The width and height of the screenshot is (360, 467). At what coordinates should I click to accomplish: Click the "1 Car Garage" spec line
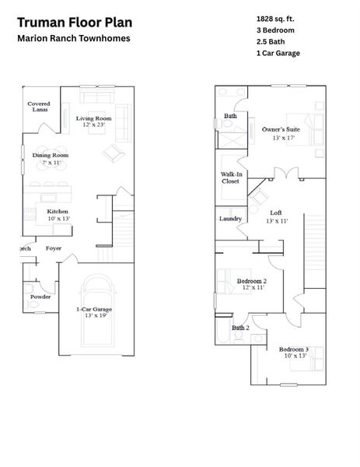point(278,54)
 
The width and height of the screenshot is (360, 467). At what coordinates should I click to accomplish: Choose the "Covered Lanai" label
point(39,107)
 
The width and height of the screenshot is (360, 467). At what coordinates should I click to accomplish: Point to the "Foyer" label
point(54,249)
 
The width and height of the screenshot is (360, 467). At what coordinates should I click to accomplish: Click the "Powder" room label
point(40,297)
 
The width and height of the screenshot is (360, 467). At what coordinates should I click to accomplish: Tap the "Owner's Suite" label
point(281,129)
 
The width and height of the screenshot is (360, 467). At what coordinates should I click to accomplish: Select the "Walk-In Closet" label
point(230,177)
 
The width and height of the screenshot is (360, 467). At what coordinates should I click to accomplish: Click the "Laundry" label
point(230,219)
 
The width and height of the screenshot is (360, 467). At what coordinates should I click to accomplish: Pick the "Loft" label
point(275,212)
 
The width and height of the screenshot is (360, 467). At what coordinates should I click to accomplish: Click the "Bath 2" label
point(240,328)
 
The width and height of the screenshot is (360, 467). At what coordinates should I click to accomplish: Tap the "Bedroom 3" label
point(294,349)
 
